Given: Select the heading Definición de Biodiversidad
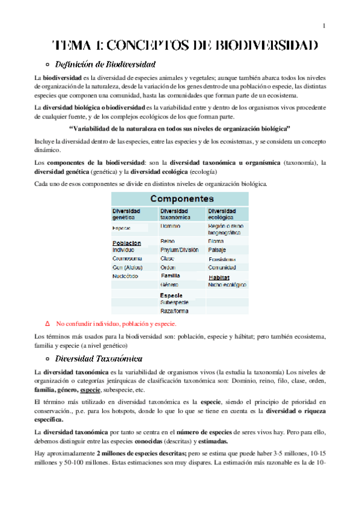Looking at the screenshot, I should [x=105, y=64].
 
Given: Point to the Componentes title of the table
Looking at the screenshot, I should [x=182, y=198].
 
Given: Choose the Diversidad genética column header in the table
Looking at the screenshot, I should [x=127, y=215].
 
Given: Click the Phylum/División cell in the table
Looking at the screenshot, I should [x=179, y=250].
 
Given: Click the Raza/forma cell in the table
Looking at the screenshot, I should [x=174, y=311].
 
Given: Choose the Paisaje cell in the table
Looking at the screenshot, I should [x=217, y=250].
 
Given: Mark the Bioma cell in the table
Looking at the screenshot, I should [x=216, y=241].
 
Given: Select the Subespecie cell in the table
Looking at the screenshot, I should [x=174, y=302].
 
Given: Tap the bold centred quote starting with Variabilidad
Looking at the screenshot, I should [x=180, y=129].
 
